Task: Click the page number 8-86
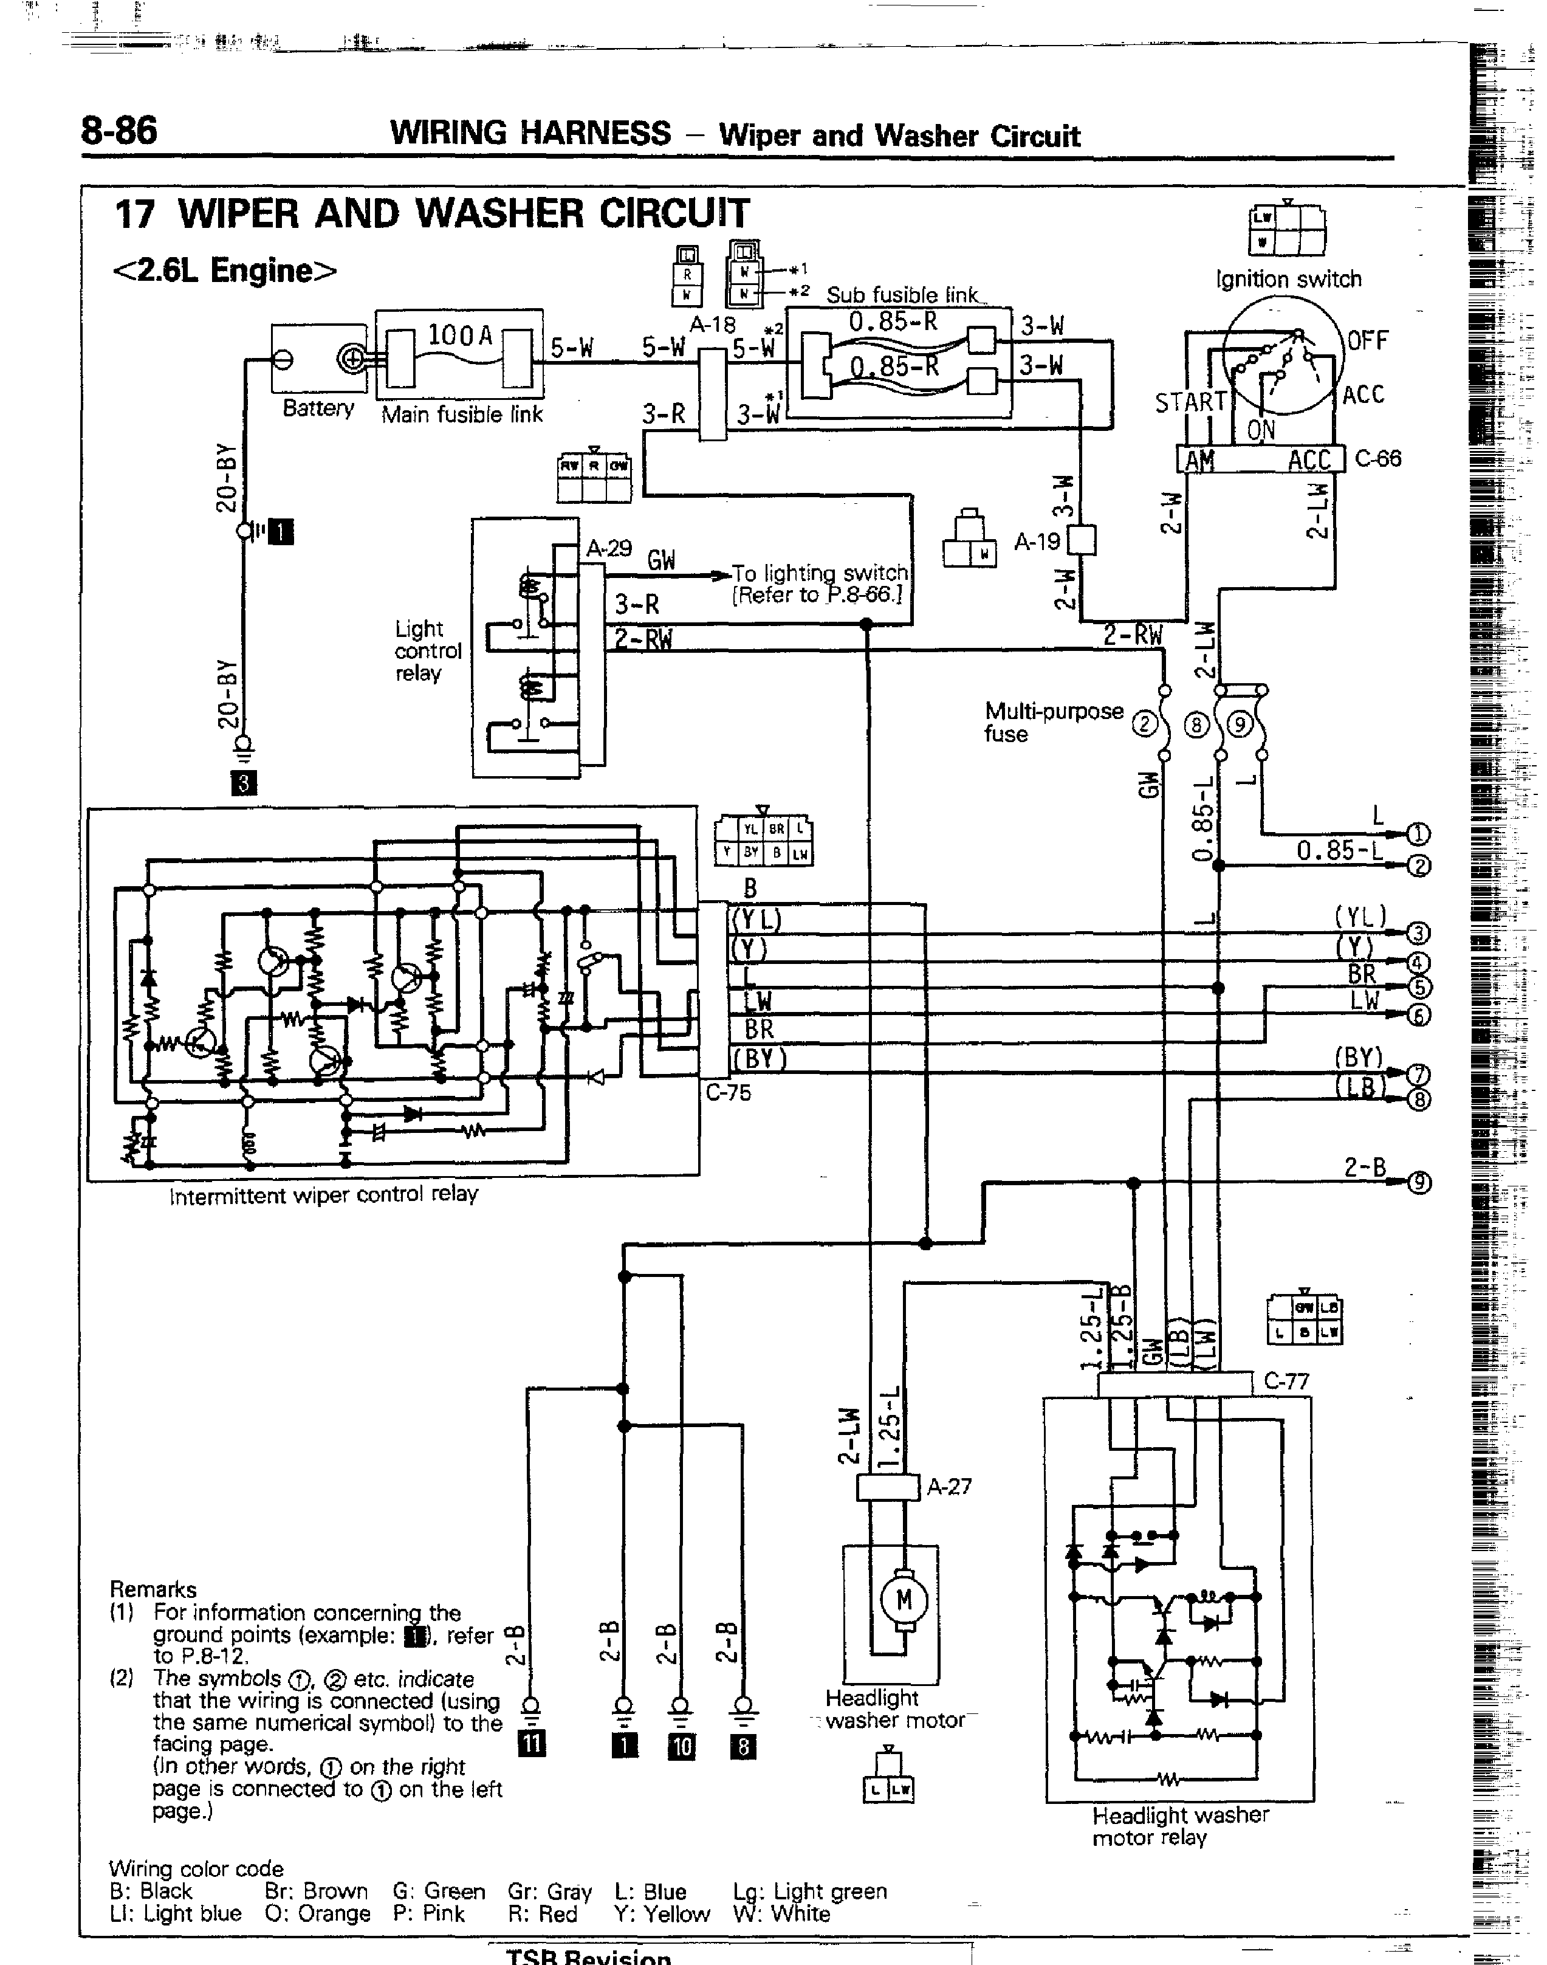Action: (118, 131)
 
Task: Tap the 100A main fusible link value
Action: (459, 336)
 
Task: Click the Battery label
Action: (318, 408)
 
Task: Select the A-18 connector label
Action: (713, 325)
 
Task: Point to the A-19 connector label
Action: (1037, 542)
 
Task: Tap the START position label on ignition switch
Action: (1189, 401)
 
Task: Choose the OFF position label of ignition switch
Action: (1368, 340)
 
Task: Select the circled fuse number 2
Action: (1145, 724)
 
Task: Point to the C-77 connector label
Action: (1286, 1382)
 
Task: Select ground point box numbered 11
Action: (532, 1744)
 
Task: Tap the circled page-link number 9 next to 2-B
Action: (1420, 1183)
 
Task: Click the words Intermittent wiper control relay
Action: (323, 1195)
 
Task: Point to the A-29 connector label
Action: (609, 548)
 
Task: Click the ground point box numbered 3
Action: (244, 783)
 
